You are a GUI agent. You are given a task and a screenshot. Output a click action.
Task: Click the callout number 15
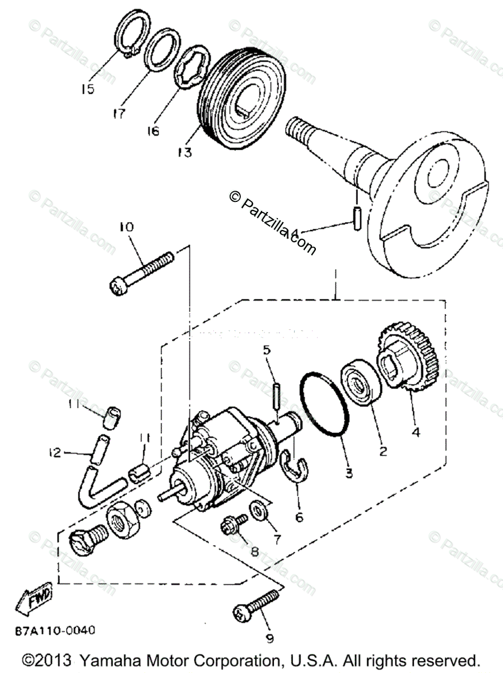pos(87,89)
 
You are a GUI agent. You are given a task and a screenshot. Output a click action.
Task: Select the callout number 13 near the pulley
pos(185,151)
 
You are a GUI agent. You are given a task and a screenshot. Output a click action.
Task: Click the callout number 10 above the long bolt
pos(126,227)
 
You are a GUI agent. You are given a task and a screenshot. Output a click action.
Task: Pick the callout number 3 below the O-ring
pos(349,473)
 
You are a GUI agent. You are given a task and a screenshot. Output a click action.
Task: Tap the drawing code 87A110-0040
pos(55,630)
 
